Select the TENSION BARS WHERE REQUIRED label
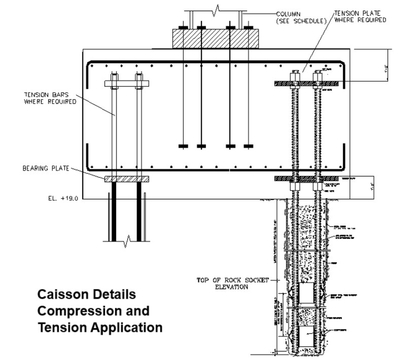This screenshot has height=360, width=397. click(x=50, y=98)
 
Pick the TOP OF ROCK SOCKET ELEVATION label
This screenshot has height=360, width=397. click(x=232, y=283)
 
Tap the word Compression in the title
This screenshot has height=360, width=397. click(x=79, y=311)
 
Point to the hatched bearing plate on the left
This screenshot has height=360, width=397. click(x=127, y=179)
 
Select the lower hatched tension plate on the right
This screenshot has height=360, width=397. click(x=306, y=179)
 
